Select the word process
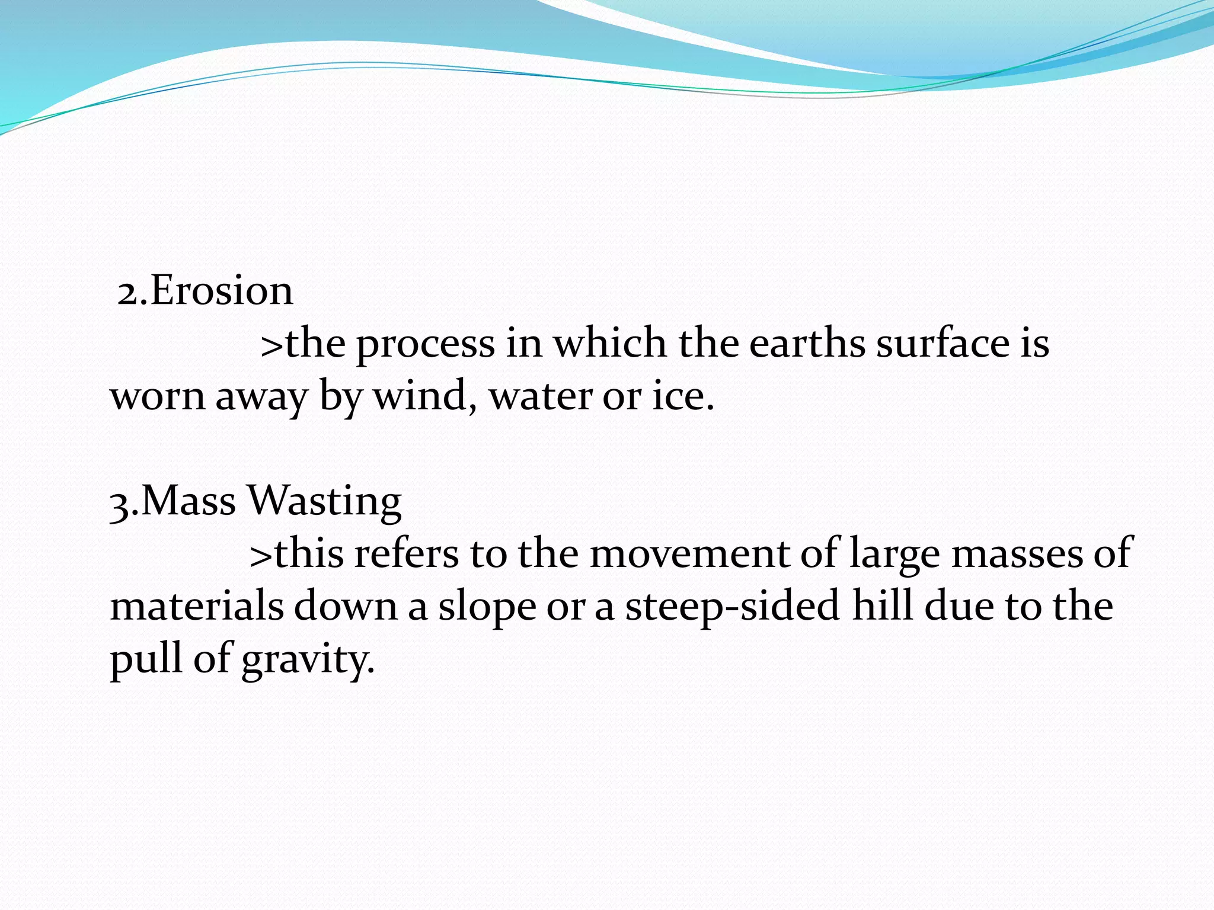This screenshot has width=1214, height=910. pos(425,345)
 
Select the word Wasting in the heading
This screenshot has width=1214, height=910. pos(324,502)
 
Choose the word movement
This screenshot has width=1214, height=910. pos(689,553)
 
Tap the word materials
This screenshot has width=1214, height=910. pos(197,606)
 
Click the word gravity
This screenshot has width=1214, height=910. pos(308,659)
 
